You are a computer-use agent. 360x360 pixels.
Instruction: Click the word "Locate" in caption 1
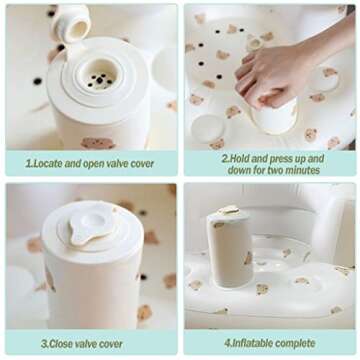[47, 164]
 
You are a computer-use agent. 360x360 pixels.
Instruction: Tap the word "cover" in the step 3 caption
[111, 344]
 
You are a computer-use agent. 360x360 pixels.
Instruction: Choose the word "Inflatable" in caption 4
[252, 343]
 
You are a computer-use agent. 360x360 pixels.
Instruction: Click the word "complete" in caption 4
[295, 344]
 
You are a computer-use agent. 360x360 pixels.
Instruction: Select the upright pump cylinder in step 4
[230, 246]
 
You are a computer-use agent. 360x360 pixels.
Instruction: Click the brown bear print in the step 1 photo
[98, 143]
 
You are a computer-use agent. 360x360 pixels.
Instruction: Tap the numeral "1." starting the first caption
[30, 164]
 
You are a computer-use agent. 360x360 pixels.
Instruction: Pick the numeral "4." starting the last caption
[228, 343]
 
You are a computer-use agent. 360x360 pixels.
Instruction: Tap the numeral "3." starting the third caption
[45, 344]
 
